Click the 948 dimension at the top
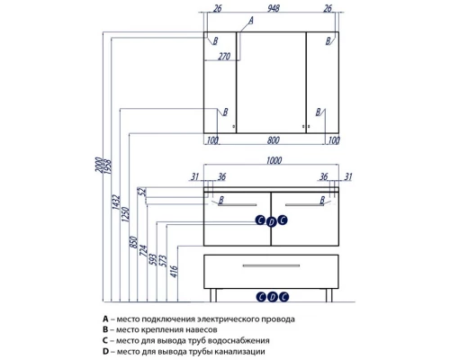(x=274, y=8)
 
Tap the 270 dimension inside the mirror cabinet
(x=224, y=56)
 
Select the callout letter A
(x=251, y=21)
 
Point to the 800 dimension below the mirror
(x=273, y=140)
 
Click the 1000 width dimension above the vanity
(x=274, y=160)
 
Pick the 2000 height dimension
(x=99, y=165)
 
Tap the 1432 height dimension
(x=116, y=202)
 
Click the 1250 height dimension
(x=126, y=214)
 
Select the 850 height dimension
(x=134, y=242)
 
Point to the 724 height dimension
(x=144, y=251)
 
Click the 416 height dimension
(x=175, y=272)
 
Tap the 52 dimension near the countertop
(x=142, y=192)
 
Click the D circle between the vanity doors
(x=272, y=222)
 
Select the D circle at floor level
(x=273, y=297)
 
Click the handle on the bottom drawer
(x=271, y=265)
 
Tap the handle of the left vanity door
(x=238, y=205)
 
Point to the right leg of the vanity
(x=329, y=295)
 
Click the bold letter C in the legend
(x=105, y=340)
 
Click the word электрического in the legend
(x=225, y=319)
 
